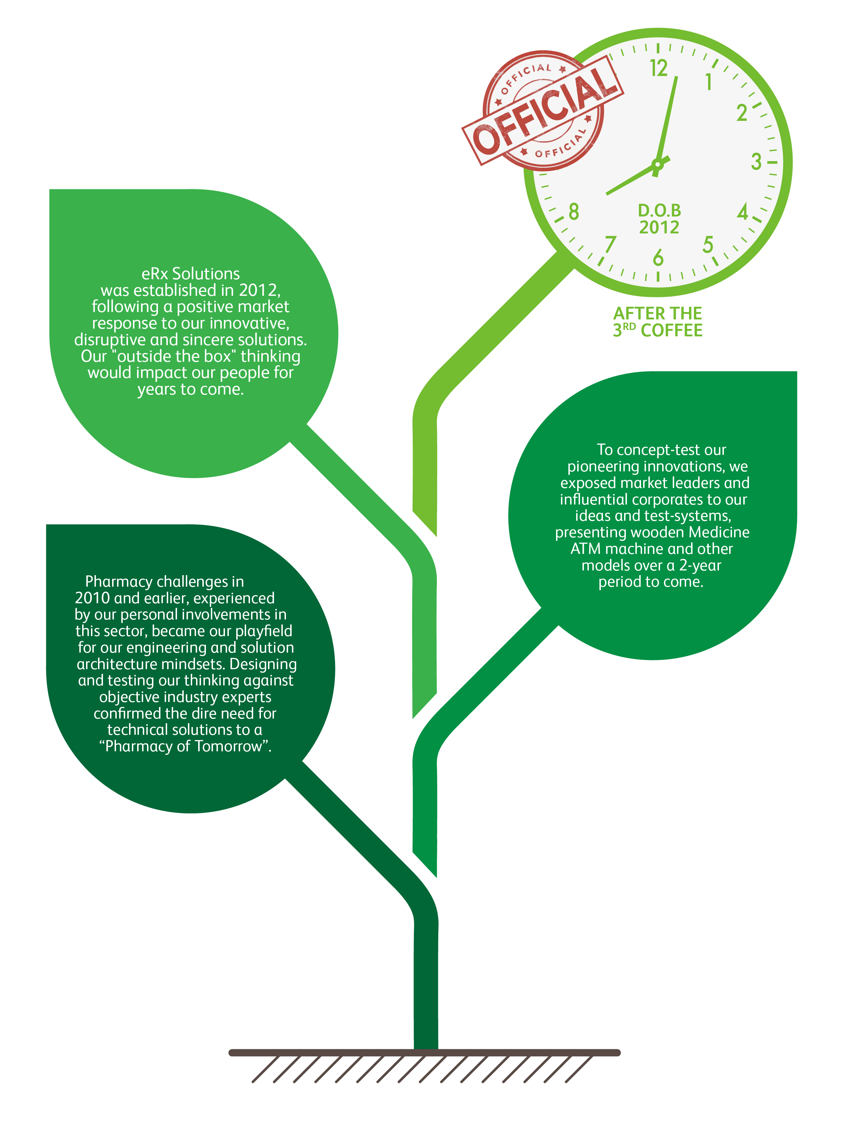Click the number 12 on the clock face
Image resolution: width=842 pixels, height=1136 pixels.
(659, 68)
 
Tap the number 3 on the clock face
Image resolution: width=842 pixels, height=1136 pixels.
(756, 162)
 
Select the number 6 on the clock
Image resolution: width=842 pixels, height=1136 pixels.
(658, 258)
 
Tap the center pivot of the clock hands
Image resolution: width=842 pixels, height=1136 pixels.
(658, 164)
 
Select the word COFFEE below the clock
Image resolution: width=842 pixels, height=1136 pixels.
(671, 331)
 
